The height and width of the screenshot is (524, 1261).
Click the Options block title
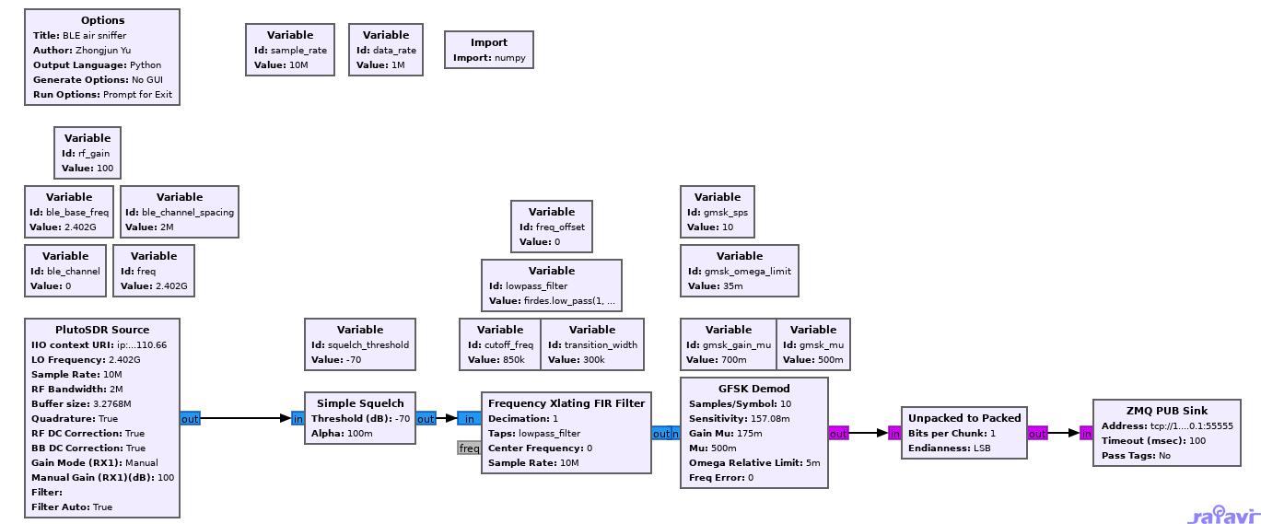point(102,20)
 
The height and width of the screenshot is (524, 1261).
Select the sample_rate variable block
point(290,50)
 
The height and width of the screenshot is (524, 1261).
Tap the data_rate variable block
point(386,50)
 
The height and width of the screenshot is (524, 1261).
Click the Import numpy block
point(489,50)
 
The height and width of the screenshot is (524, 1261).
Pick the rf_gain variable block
point(88,153)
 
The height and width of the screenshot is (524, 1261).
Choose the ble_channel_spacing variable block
point(180,212)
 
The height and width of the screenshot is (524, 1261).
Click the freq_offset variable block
point(552,227)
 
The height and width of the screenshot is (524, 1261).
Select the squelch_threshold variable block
point(360,344)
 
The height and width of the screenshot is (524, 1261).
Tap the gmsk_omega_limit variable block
point(740,271)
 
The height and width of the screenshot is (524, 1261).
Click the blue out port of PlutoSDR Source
point(190,419)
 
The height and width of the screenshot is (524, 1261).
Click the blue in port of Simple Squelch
point(298,419)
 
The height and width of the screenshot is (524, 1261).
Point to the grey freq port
point(469,448)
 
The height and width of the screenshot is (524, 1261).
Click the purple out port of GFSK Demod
point(838,434)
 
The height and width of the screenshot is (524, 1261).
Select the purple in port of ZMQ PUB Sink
point(1086,434)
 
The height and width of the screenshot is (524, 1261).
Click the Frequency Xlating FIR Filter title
point(566,403)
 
